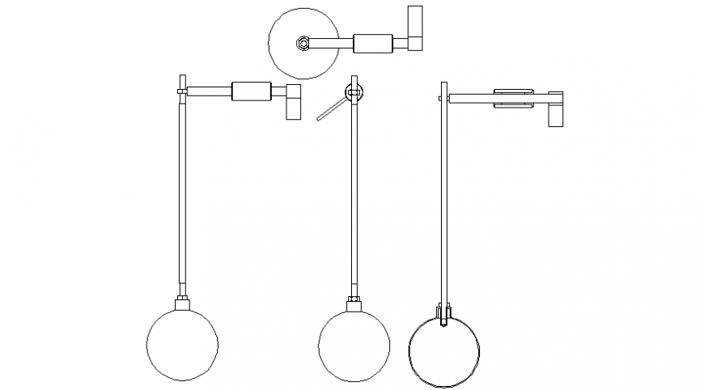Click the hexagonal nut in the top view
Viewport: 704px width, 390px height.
(302, 43)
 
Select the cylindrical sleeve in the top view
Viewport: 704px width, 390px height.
(372, 43)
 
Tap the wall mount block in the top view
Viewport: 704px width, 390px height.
(414, 28)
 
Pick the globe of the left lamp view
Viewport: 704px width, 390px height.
(183, 343)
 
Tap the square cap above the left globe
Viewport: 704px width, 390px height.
(183, 303)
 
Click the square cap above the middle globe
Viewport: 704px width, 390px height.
(354, 304)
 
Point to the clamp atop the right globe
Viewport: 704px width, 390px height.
(444, 313)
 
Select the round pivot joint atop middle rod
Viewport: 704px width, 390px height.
(354, 94)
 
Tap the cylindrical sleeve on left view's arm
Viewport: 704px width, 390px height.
(250, 91)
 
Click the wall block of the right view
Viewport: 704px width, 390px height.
(557, 108)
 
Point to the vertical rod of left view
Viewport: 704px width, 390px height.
(183, 194)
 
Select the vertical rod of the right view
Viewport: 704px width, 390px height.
(443, 194)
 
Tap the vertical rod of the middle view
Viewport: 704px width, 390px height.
(354, 194)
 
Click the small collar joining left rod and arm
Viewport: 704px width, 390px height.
(183, 94)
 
